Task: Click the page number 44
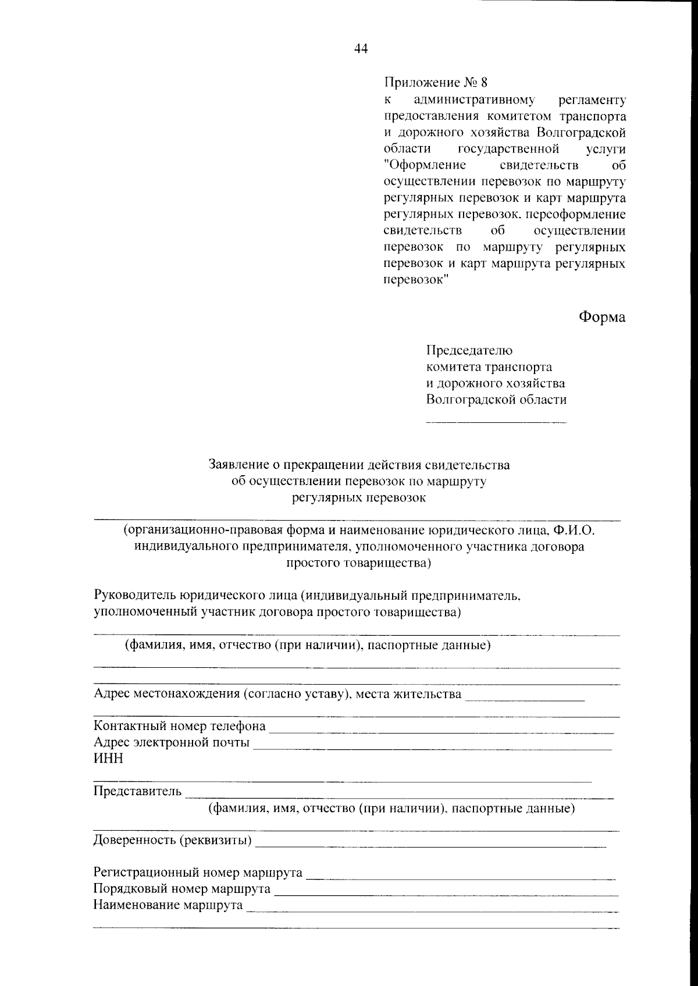361,49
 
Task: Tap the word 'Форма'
601,317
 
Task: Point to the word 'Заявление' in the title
239,465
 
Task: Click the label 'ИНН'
108,759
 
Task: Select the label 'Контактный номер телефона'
180,726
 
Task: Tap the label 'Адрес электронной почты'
172,743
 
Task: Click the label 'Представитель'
138,792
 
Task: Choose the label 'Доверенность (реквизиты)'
173,841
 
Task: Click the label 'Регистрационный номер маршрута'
198,873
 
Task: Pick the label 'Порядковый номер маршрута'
182,889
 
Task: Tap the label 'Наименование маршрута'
168,906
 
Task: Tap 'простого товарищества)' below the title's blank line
359,563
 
